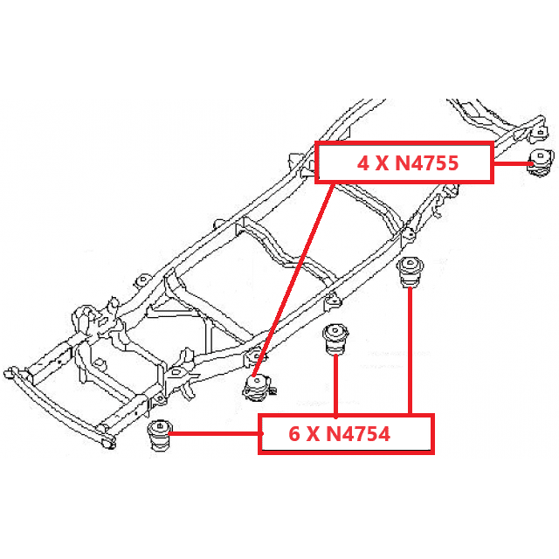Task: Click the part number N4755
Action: tap(424, 162)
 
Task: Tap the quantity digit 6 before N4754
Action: tap(294, 433)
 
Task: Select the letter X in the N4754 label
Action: tap(314, 433)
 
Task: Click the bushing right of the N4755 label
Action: tap(542, 162)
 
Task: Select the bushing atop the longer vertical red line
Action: tap(409, 270)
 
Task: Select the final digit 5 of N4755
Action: tap(452, 162)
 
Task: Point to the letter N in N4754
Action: tap(336, 433)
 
